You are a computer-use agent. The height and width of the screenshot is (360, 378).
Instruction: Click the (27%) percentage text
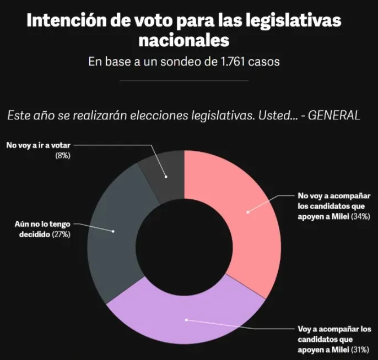tap(61, 235)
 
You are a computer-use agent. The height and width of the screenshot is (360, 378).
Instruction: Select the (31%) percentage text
tap(361, 349)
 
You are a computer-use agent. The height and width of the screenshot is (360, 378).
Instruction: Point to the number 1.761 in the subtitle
tap(215, 62)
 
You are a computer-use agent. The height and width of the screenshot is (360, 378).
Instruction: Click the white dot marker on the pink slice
tap(247, 212)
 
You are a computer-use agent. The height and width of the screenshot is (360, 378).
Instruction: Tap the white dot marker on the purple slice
tap(186, 319)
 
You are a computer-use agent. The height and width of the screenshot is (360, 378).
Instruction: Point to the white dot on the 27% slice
tap(114, 231)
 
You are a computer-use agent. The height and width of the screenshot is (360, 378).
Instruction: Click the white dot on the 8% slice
tap(165, 177)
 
